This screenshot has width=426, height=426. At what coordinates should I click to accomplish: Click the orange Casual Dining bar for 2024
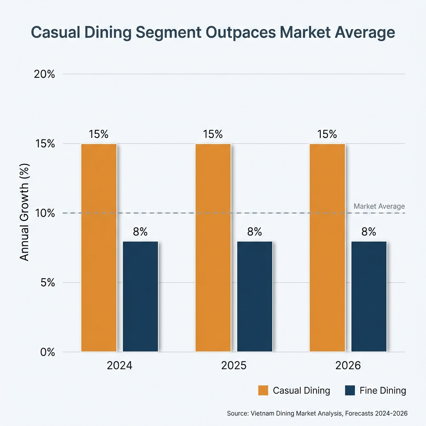click(x=99, y=248)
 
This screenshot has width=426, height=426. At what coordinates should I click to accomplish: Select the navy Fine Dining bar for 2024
click(x=141, y=296)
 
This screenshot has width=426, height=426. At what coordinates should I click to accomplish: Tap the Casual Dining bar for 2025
click(x=213, y=248)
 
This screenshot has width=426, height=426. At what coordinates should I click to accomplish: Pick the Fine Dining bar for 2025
click(x=255, y=296)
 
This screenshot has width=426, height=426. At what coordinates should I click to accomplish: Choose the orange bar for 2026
click(x=327, y=248)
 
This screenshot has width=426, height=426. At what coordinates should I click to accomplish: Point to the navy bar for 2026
click(x=369, y=296)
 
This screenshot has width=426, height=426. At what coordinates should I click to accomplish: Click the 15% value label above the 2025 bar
click(x=213, y=134)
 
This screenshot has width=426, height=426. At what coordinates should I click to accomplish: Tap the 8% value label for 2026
click(x=369, y=232)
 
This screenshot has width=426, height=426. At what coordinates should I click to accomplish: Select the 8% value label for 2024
click(x=141, y=232)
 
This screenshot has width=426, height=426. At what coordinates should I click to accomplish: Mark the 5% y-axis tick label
click(x=47, y=282)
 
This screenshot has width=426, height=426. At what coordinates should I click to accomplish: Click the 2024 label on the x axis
click(x=119, y=366)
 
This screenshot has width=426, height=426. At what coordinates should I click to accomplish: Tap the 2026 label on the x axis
click(x=348, y=366)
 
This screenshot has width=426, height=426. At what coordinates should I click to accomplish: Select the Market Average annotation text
click(x=379, y=206)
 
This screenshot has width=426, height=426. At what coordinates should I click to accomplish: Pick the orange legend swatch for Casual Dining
click(x=263, y=391)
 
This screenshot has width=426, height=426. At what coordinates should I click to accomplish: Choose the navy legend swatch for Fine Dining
click(x=350, y=391)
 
